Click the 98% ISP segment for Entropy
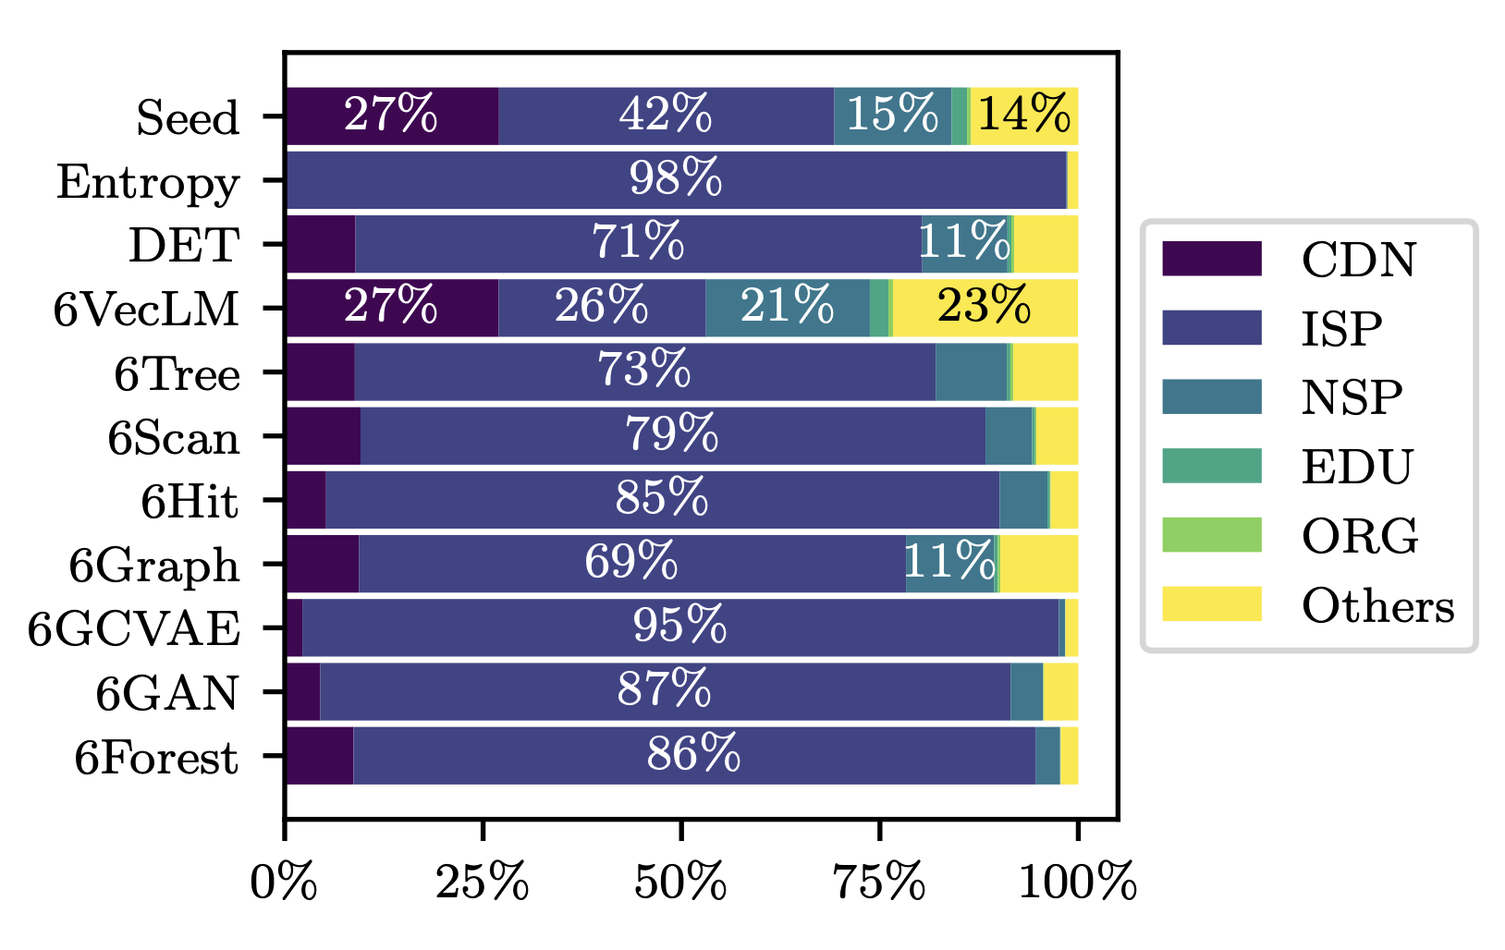click(x=676, y=180)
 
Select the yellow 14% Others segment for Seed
click(x=1023, y=116)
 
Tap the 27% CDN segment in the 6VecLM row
click(x=391, y=308)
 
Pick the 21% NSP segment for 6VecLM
click(x=787, y=308)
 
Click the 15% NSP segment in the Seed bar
click(x=892, y=116)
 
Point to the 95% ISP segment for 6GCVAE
click(x=679, y=627)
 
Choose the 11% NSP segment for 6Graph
click(x=949, y=564)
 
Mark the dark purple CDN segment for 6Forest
click(x=319, y=756)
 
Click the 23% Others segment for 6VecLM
click(x=984, y=308)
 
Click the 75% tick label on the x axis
click(x=879, y=883)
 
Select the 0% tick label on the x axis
click(x=285, y=883)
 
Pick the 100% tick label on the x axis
click(x=1077, y=883)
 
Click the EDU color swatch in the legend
click(x=1211, y=466)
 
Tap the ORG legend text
click(x=1359, y=536)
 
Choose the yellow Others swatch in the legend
click(x=1211, y=604)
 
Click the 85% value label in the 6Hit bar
click(x=662, y=500)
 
